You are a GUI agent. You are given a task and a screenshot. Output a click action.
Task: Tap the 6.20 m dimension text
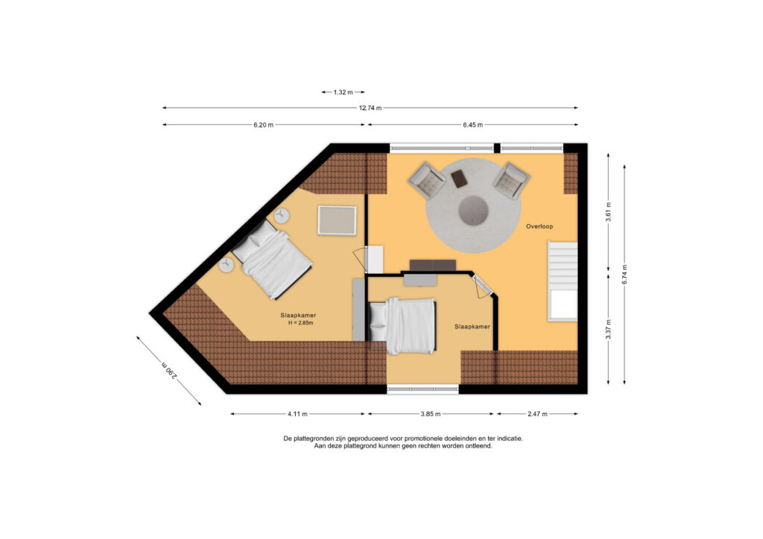click(264, 125)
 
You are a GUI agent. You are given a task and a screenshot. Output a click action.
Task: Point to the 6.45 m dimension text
click(472, 125)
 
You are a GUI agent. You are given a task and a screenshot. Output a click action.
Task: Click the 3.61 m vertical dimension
click(609, 212)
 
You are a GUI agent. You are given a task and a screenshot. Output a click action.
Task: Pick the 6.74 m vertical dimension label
click(624, 274)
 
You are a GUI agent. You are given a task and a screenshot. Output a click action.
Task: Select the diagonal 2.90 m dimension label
click(169, 370)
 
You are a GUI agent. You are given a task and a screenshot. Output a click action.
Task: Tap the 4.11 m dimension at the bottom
click(297, 414)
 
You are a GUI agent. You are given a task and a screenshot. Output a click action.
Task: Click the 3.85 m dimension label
click(431, 414)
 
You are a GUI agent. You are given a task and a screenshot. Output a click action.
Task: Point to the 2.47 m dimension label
click(537, 414)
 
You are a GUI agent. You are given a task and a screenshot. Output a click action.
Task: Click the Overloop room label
click(540, 226)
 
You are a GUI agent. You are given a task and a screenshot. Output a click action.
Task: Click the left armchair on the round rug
click(428, 181)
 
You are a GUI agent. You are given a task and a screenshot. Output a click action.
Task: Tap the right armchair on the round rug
click(510, 180)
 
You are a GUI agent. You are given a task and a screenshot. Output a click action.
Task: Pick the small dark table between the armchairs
click(460, 179)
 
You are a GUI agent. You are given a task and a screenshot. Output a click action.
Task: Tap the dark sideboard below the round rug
click(432, 265)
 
